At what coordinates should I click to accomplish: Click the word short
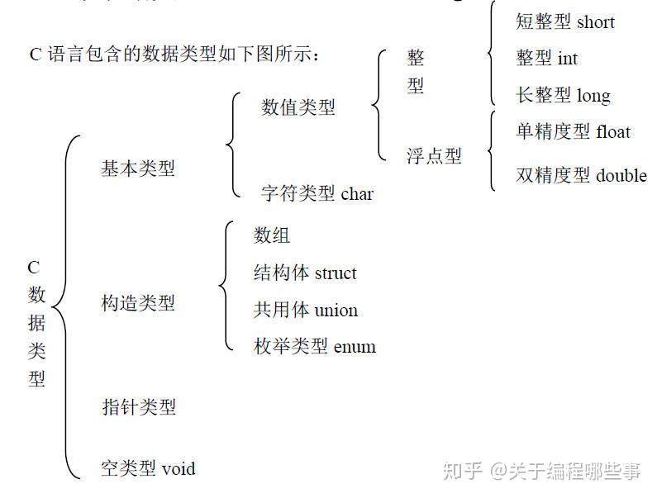coord(595,21)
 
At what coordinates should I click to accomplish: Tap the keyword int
coord(568,58)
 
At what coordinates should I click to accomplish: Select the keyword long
coord(593,96)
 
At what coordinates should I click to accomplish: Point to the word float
coord(613,131)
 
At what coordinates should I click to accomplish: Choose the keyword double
coord(621,175)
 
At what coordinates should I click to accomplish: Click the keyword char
coord(357,193)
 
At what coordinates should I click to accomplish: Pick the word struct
coord(336,273)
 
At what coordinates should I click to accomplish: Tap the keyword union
coord(336,311)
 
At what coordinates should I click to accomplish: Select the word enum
coord(355,347)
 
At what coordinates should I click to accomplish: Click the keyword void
coord(179,468)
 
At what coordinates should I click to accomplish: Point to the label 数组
coord(272,235)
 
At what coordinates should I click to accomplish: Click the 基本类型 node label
coord(138,168)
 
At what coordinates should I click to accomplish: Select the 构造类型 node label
coord(138,302)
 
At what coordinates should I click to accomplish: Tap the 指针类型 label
coord(139,406)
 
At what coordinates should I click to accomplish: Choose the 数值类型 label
coord(298,107)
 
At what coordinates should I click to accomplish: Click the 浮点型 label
coord(434,156)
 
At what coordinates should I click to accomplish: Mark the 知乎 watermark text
coord(463,472)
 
